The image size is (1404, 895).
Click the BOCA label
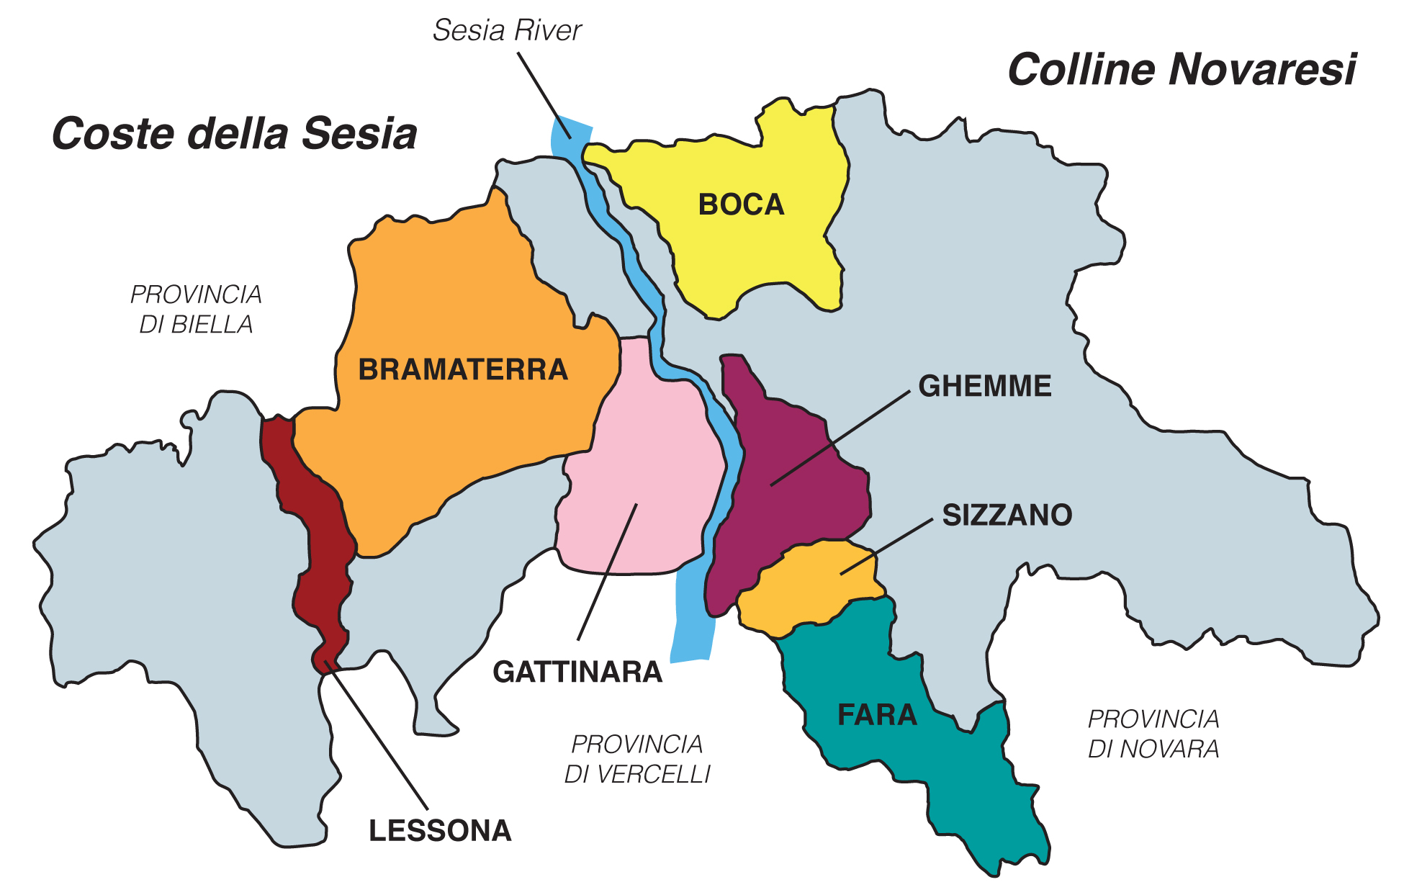[x=741, y=205]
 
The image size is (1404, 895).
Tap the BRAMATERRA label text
[x=463, y=370]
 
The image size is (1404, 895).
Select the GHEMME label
[x=984, y=387]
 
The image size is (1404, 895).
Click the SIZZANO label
[x=1007, y=516]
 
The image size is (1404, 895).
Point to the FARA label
[x=877, y=715]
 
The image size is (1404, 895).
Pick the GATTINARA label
[x=577, y=673]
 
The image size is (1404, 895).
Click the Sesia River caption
[x=507, y=31]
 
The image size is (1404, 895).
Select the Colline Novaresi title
[x=1181, y=70]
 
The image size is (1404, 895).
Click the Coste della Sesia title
[x=235, y=134]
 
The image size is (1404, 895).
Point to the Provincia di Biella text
[x=196, y=310]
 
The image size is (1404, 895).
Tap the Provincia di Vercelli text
[x=636, y=759]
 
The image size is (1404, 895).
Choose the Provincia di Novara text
[x=1153, y=734]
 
